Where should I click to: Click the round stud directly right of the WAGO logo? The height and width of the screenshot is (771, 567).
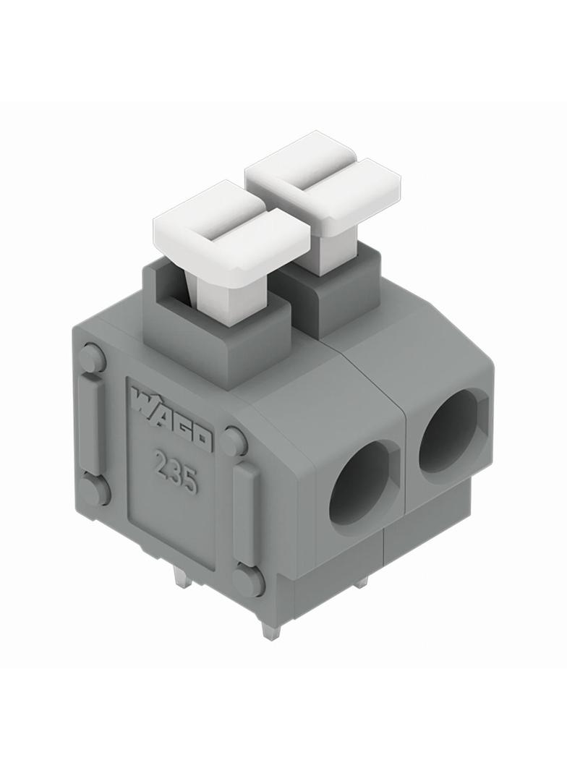(234, 441)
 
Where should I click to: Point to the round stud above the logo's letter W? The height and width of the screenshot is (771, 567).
(93, 358)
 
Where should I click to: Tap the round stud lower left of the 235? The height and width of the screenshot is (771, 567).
(95, 490)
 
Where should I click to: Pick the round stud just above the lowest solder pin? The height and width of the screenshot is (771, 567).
(249, 580)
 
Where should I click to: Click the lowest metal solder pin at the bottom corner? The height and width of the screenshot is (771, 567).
(270, 630)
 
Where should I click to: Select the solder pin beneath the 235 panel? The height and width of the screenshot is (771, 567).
(182, 576)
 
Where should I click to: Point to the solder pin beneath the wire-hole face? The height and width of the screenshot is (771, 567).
(361, 581)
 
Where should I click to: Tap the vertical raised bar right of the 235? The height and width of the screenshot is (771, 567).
(246, 514)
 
